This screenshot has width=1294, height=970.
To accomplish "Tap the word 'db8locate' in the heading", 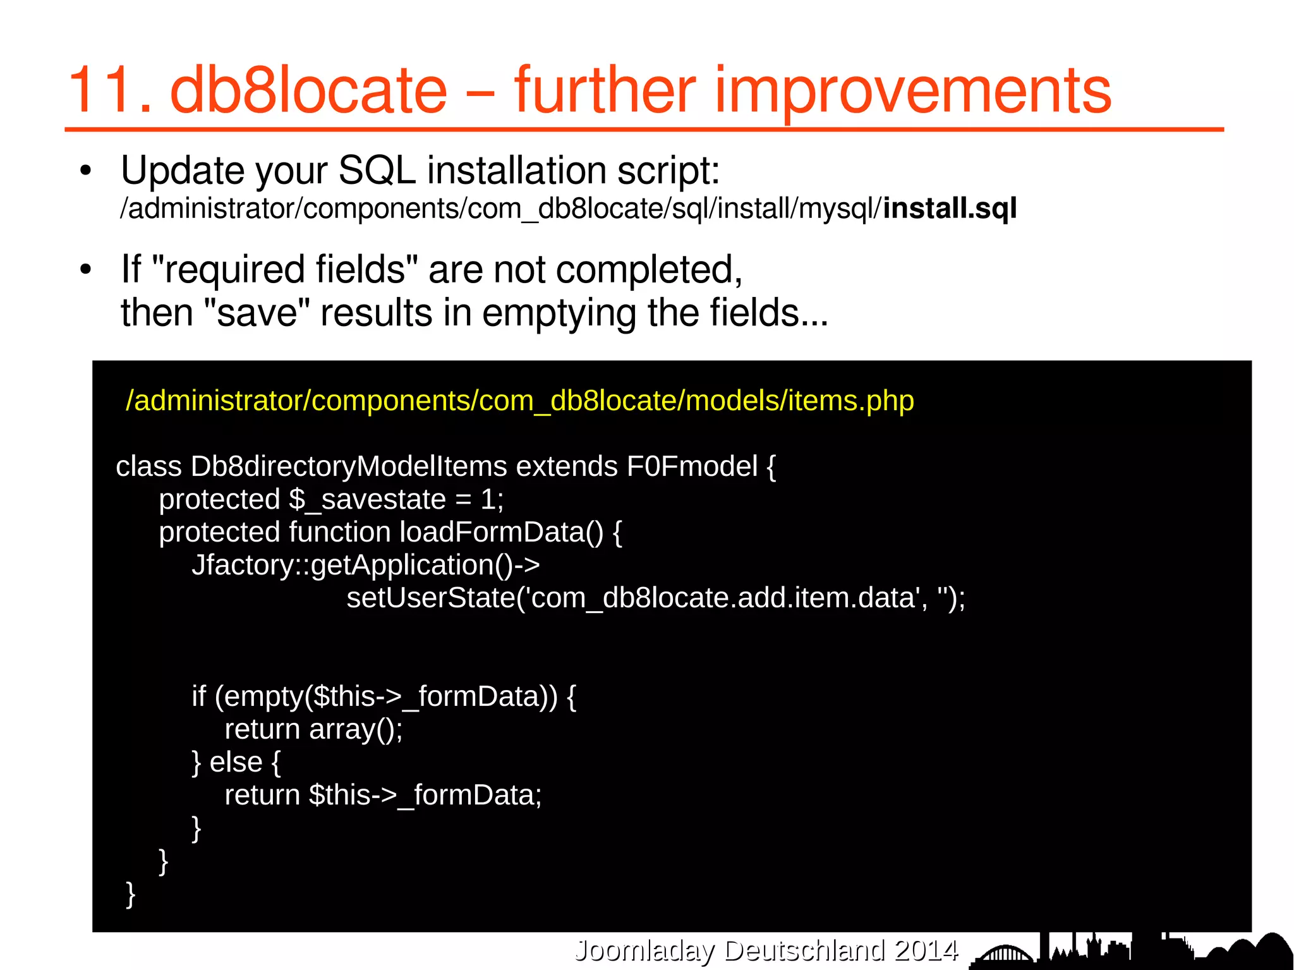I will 308,92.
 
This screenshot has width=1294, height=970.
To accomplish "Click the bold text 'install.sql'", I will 950,209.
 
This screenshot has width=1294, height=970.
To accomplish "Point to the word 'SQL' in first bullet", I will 377,171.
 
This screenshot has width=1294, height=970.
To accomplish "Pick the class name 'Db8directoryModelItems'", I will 349,466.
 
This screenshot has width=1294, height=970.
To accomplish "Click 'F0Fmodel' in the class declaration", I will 692,466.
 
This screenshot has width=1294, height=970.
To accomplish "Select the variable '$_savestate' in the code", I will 367,499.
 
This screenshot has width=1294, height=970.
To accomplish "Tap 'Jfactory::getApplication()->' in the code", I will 366,565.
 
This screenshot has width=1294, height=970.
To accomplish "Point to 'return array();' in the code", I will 313,729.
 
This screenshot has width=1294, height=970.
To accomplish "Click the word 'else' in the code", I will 236,762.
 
